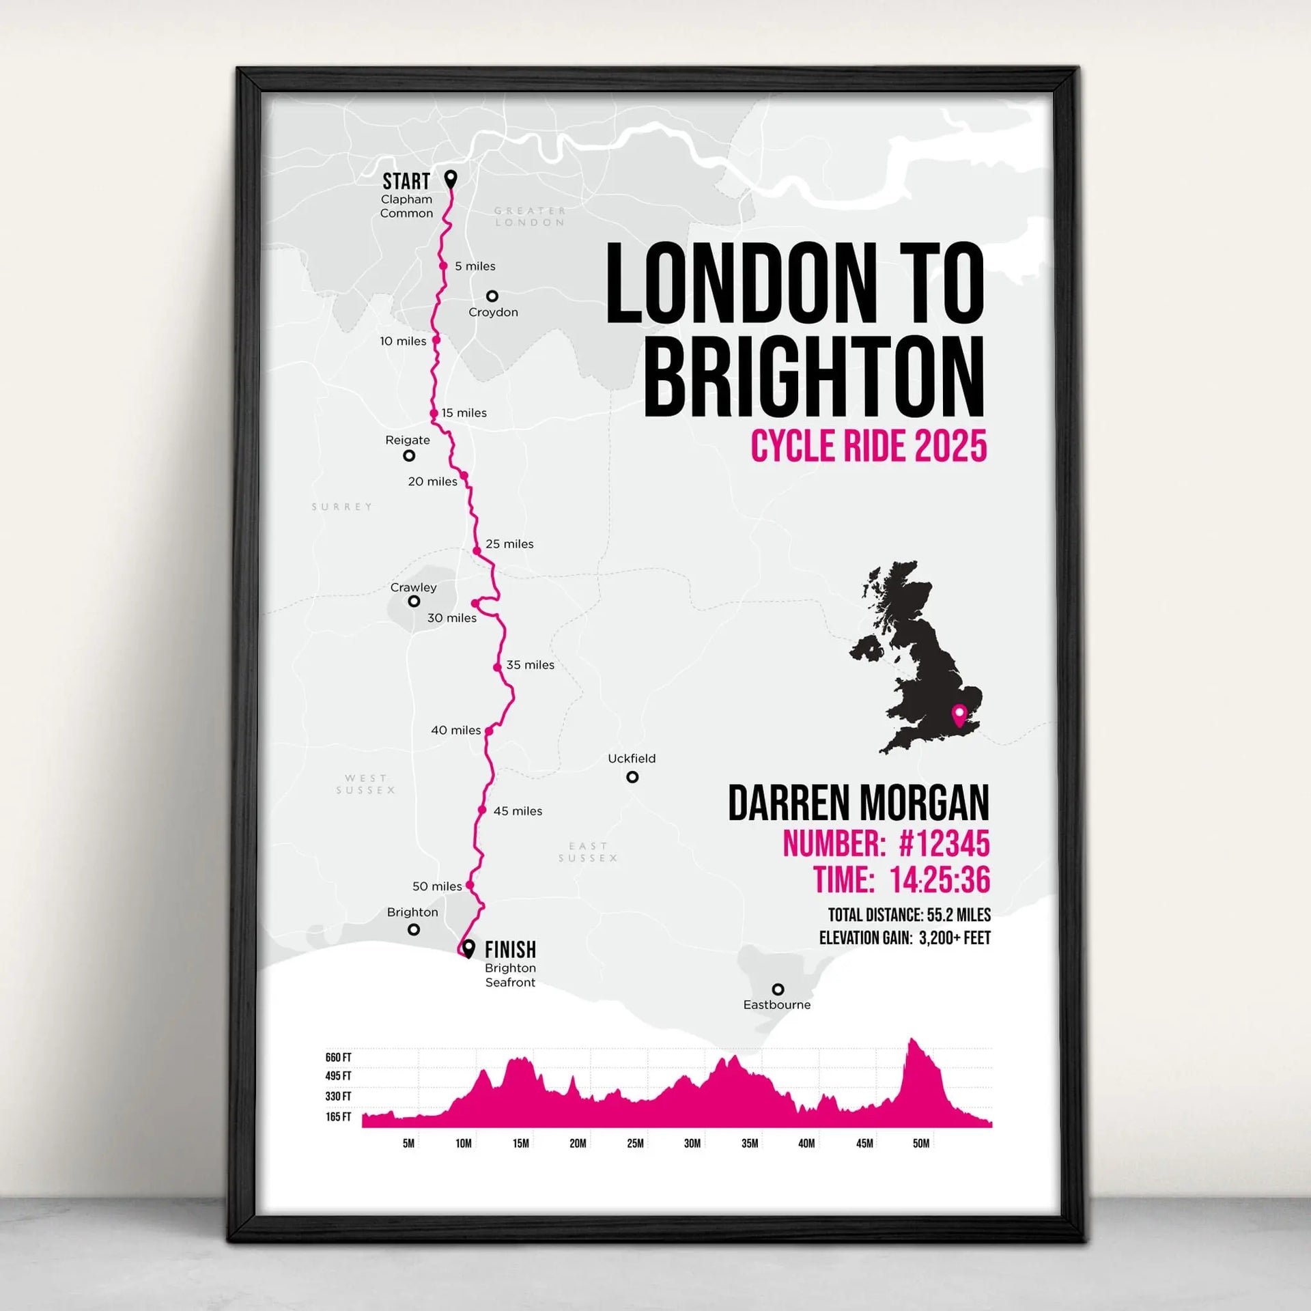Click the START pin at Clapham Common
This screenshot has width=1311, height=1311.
pos(451,179)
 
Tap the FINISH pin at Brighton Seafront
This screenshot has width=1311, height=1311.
pos(468,948)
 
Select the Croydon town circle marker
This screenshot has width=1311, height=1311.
pos(492,296)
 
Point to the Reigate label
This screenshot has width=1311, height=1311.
pos(408,440)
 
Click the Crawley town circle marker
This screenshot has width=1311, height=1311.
pos(414,602)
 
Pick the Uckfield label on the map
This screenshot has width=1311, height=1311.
pos(632,759)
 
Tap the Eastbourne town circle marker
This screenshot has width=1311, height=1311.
pos(778,989)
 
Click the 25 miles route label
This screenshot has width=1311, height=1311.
pos(509,544)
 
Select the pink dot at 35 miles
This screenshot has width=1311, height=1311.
pos(498,667)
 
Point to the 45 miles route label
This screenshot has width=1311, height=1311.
pos(518,811)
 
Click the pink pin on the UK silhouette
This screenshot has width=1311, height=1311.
pos(960,715)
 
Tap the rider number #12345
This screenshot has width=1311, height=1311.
pos(944,844)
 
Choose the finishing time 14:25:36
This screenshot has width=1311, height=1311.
pos(940,880)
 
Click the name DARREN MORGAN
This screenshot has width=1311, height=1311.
pos(858,803)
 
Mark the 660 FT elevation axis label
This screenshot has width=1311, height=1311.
pos(338,1058)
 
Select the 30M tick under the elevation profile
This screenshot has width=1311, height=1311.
pos(692,1144)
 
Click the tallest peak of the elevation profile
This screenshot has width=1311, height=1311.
pos(912,1041)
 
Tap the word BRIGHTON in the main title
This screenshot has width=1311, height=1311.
pos(814,377)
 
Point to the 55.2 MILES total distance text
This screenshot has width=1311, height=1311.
pos(959,915)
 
